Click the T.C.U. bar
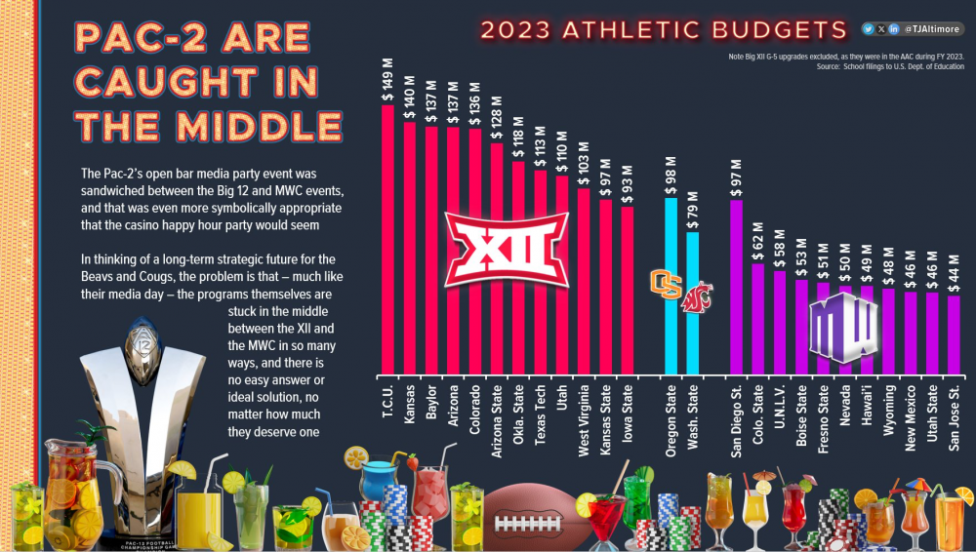click(x=387, y=239)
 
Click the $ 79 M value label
click(x=692, y=209)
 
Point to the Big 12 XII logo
click(x=507, y=248)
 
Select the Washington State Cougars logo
click(x=696, y=290)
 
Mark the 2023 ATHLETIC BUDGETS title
click(x=664, y=30)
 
